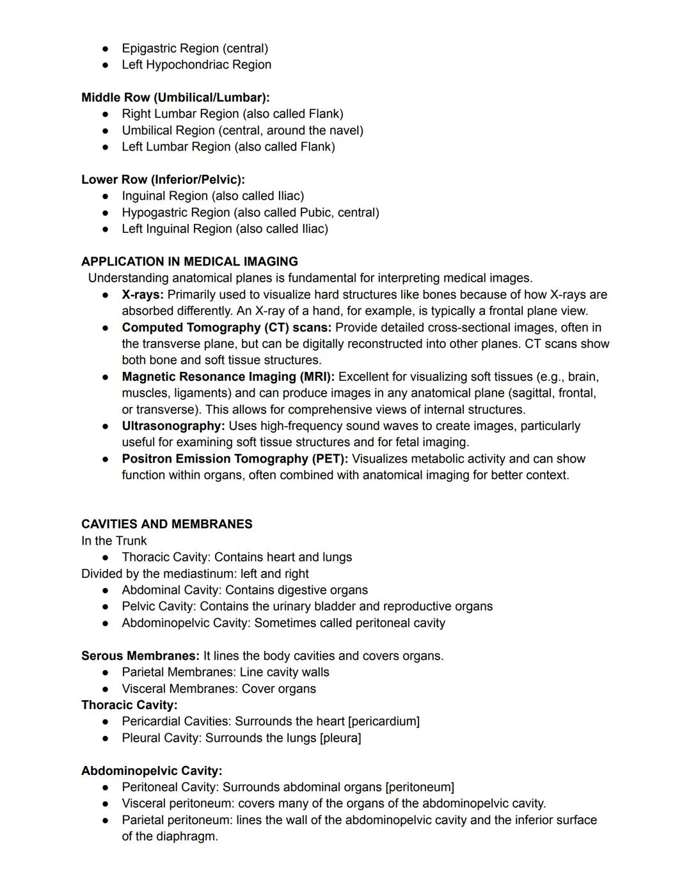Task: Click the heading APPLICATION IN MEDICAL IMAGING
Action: pyautogui.click(x=189, y=262)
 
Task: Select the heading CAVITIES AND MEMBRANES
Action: pyautogui.click(x=166, y=524)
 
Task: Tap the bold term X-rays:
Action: pyautogui.click(x=143, y=295)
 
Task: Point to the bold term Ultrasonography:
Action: pyautogui.click(x=173, y=426)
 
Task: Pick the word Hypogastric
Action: pyautogui.click(x=153, y=212)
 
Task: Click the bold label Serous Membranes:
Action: pyautogui.click(x=140, y=656)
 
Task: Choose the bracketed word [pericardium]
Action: pyautogui.click(x=384, y=721)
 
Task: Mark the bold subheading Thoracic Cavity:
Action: pyautogui.click(x=129, y=705)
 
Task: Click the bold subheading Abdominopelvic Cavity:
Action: pyautogui.click(x=152, y=770)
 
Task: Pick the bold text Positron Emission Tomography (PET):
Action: pyautogui.click(x=235, y=459)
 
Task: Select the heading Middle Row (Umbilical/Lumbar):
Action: pyautogui.click(x=175, y=98)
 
